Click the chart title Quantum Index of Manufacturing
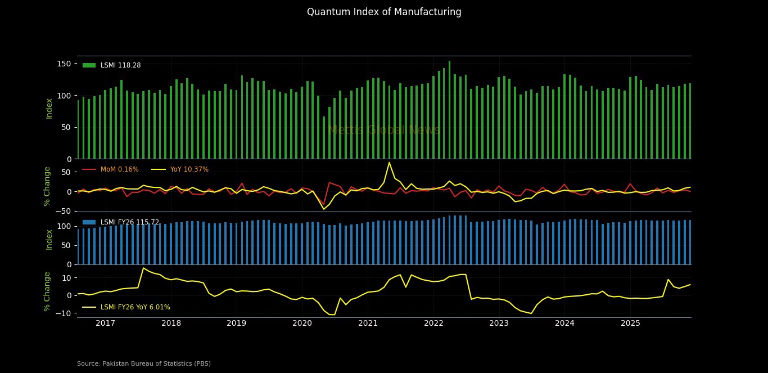[x=384, y=12]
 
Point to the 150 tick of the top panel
[x=65, y=64]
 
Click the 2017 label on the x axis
[x=105, y=323]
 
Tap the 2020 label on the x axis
[x=302, y=323]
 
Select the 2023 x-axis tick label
[x=499, y=323]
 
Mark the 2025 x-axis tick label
[x=630, y=323]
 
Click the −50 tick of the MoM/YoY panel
[x=64, y=211]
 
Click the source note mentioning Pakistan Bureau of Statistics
[x=144, y=364]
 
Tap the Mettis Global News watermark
[x=384, y=131]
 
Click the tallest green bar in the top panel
[x=449, y=110]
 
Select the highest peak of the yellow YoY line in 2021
[x=389, y=163]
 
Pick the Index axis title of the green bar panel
[x=49, y=108]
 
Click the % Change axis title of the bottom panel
[x=47, y=291]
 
